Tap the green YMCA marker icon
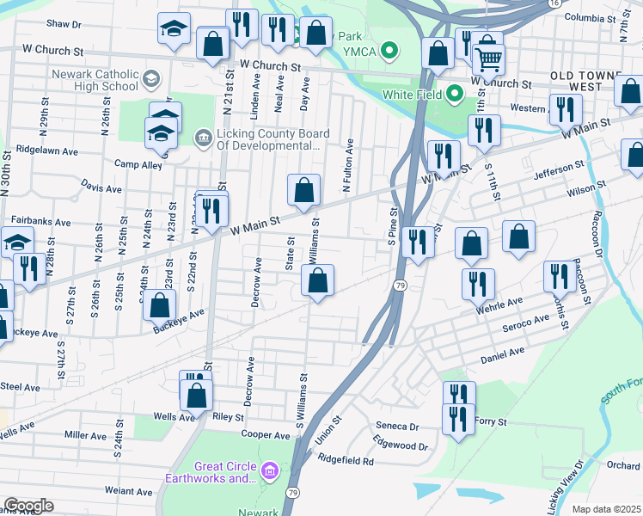(390, 52)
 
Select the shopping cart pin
(488, 58)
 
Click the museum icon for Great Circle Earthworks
(269, 471)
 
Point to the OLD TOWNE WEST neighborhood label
(596, 82)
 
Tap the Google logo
(28, 506)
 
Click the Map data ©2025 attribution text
(605, 509)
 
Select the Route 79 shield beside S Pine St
(400, 285)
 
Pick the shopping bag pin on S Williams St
(317, 280)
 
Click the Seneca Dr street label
(397, 427)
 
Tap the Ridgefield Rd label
(346, 461)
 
